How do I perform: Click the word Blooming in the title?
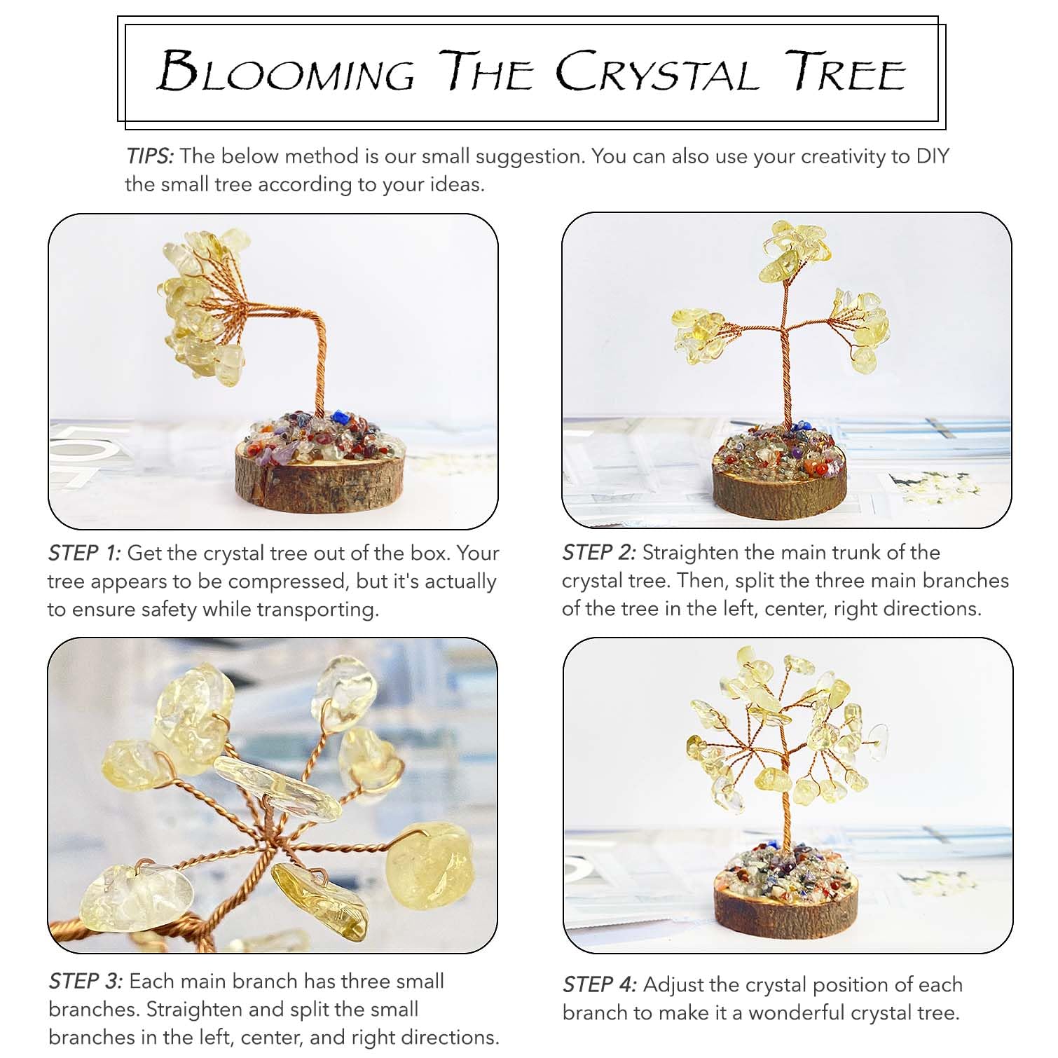tap(286, 71)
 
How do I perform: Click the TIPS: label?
tap(149, 156)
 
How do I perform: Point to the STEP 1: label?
tap(84, 553)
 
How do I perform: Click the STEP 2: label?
tap(599, 552)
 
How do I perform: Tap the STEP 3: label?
tap(85, 981)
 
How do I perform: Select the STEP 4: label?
tap(600, 984)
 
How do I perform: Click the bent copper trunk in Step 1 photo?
tap(308, 350)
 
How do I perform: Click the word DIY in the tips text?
tap(933, 156)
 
